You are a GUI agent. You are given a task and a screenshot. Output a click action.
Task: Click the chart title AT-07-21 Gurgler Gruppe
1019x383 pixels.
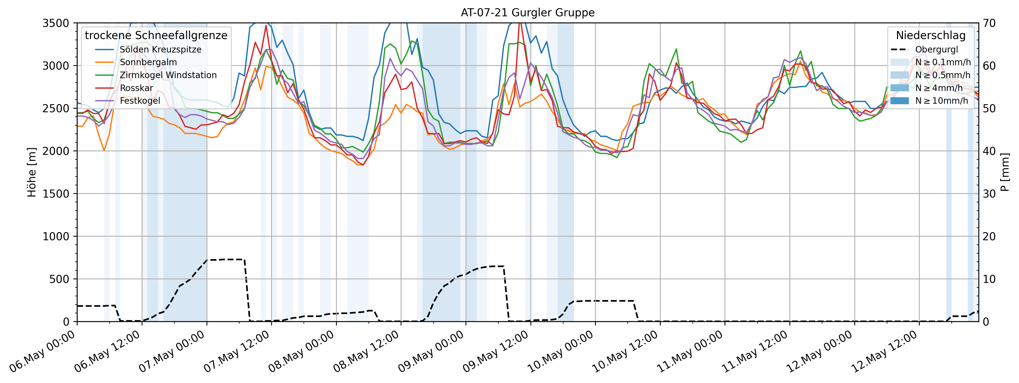click(x=527, y=13)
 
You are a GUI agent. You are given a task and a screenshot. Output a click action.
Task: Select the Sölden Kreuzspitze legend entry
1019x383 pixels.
click(x=160, y=49)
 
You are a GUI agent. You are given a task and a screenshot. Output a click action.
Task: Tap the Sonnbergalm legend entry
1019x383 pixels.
click(x=148, y=62)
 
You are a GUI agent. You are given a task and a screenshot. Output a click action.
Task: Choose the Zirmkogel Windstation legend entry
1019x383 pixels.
click(x=168, y=75)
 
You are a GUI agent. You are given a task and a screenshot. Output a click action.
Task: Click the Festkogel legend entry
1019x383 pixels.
click(x=140, y=101)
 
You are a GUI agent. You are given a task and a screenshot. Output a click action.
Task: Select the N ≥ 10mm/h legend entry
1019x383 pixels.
click(x=941, y=101)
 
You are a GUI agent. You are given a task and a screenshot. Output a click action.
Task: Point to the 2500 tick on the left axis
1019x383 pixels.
click(x=55, y=108)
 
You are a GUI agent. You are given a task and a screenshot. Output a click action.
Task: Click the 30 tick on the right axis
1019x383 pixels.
click(x=989, y=194)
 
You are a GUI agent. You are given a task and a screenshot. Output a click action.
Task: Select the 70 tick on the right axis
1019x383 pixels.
click(x=989, y=23)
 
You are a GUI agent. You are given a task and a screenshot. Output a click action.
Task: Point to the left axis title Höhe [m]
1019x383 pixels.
click(x=32, y=172)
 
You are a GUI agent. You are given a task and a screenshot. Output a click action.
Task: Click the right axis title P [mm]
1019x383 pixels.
click(x=1005, y=172)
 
